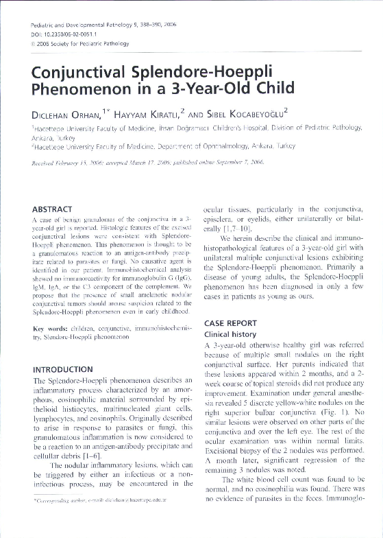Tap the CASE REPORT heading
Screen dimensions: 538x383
[x=236, y=323]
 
